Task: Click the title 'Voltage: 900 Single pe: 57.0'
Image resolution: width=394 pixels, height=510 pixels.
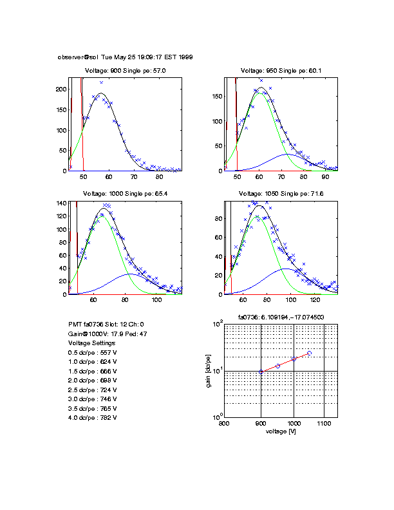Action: tap(126, 71)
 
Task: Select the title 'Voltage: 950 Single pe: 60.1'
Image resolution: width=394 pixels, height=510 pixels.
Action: tap(281, 71)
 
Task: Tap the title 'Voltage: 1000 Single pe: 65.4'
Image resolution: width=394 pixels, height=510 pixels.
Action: tap(126, 194)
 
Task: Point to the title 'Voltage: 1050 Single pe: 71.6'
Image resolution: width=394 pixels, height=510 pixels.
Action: tap(281, 194)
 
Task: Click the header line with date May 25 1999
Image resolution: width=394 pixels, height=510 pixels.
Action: tap(126, 57)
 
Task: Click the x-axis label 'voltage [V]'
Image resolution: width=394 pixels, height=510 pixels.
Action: tap(281, 431)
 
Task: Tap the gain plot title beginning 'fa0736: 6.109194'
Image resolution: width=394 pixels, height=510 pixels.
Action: tap(281, 317)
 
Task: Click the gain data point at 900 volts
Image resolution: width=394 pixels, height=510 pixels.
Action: tap(261, 372)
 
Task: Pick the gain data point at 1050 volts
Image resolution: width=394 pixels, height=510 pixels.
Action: tap(309, 353)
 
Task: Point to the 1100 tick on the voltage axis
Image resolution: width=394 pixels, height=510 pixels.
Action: tap(324, 424)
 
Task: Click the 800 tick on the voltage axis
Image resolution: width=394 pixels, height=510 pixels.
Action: tap(224, 424)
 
